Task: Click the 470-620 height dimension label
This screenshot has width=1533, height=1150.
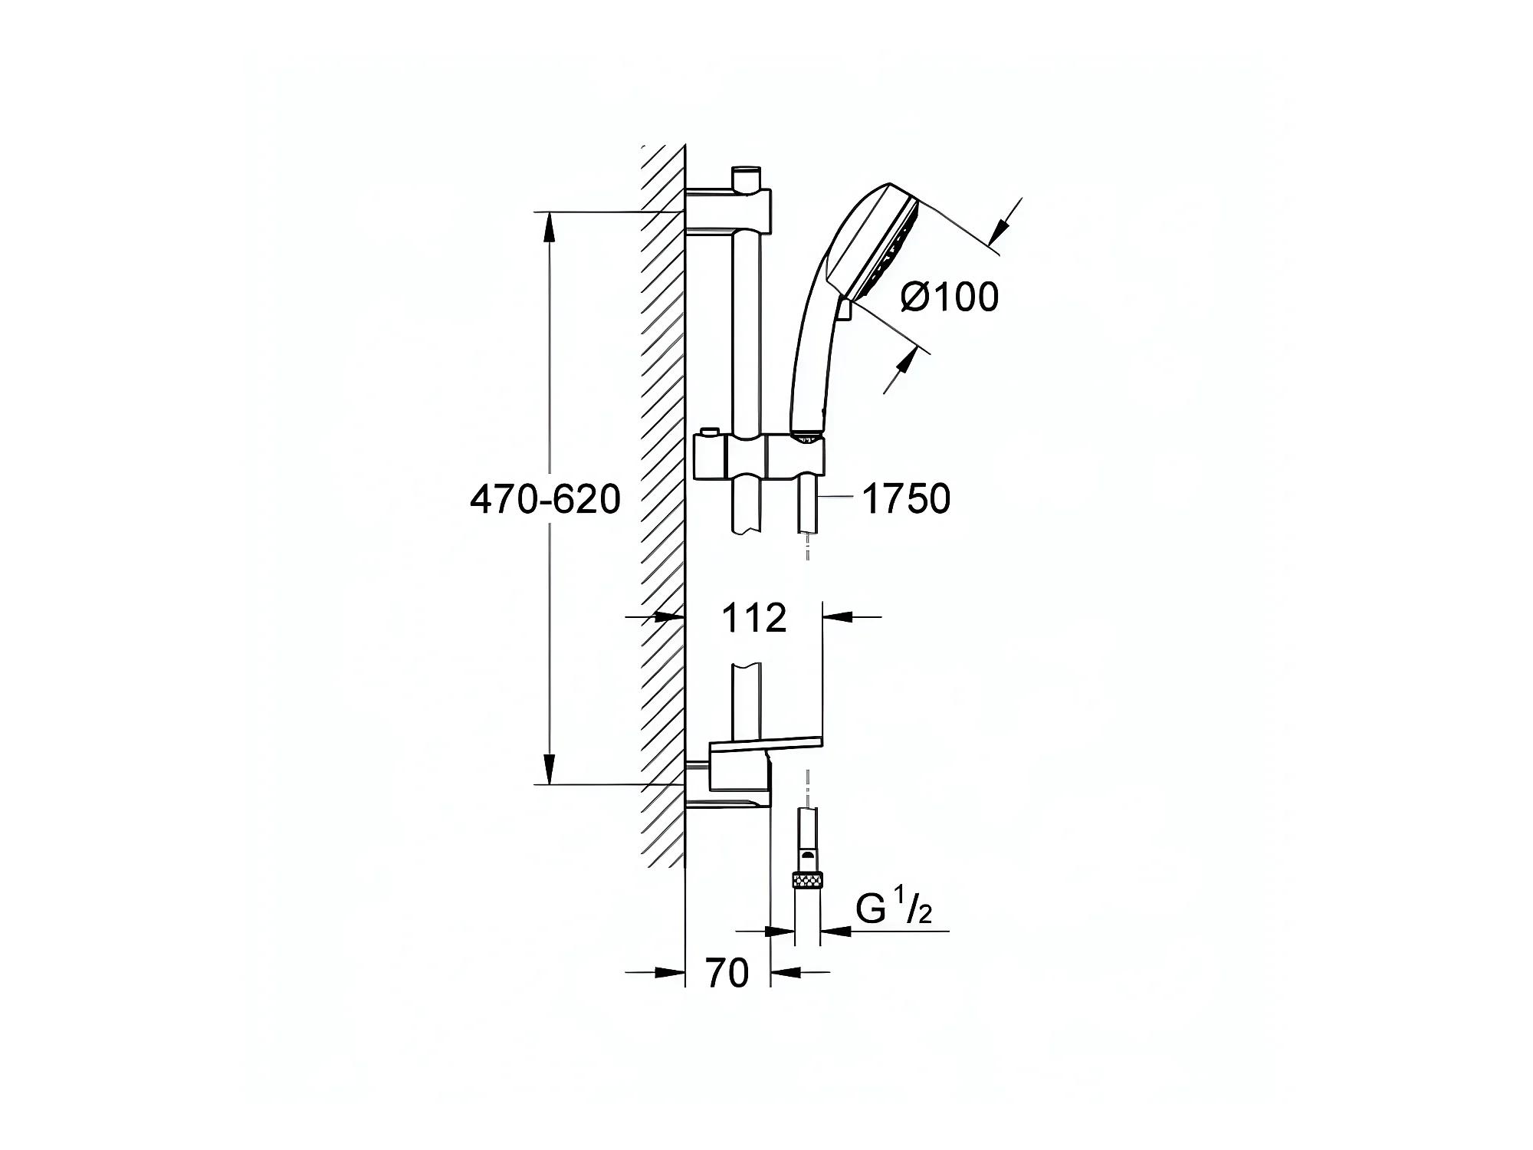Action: point(545,500)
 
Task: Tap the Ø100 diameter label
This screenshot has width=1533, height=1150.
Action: point(950,297)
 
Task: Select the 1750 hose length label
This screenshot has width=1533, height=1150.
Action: point(906,498)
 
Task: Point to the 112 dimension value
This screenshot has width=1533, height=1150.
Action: point(754,618)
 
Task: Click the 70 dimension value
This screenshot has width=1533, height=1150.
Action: point(727,973)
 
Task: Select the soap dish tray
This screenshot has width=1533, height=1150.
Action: point(766,741)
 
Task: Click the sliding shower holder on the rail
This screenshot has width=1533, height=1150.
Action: point(759,457)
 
